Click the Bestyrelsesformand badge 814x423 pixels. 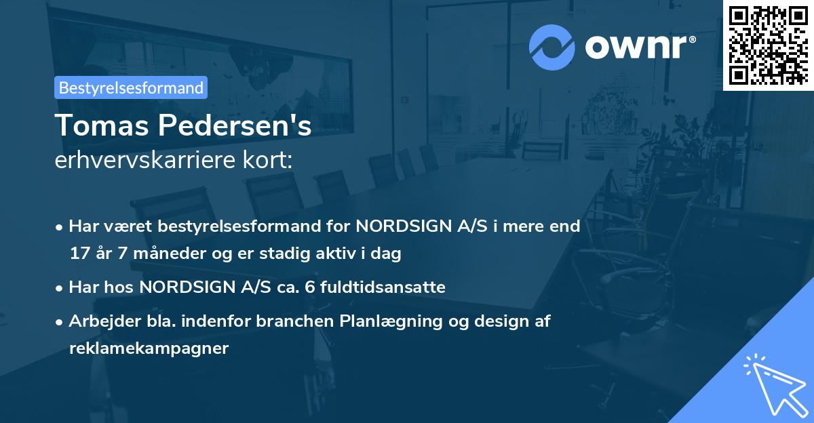point(131,87)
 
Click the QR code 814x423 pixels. point(769,45)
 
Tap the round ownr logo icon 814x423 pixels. point(552,46)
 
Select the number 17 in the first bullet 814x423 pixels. point(79,254)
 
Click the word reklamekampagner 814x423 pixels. point(149,348)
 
